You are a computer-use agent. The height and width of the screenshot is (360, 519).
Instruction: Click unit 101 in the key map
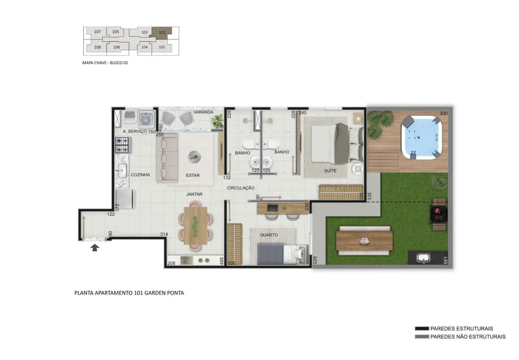click(162, 33)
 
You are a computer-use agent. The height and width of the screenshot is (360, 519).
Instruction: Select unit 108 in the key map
click(98, 47)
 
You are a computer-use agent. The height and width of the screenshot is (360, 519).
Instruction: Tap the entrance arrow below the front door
click(94, 247)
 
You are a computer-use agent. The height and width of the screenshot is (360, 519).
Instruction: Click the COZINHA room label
click(140, 175)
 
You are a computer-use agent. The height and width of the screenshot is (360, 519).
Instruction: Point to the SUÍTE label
click(330, 171)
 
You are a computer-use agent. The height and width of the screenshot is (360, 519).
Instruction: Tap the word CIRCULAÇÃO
click(241, 188)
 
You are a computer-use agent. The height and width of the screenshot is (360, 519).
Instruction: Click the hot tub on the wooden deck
click(421, 137)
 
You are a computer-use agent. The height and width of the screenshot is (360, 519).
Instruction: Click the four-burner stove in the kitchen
click(122, 145)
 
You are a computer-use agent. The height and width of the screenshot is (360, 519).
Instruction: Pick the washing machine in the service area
click(146, 119)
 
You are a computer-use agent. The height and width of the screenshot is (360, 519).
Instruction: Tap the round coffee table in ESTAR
click(195, 157)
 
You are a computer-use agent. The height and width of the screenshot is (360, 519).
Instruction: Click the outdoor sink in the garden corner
click(424, 257)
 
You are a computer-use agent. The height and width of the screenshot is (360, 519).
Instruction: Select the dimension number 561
click(445, 260)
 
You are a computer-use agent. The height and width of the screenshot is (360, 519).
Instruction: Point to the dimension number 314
click(164, 234)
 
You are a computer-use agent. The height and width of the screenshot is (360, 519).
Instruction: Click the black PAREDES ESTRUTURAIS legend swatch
click(421, 328)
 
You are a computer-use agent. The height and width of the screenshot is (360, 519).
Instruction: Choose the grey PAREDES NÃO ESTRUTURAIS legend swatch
click(421, 337)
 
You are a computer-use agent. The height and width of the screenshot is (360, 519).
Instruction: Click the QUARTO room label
click(269, 235)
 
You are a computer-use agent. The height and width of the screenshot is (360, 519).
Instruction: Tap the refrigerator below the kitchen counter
click(125, 199)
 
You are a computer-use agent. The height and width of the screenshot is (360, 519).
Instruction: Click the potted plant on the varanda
click(217, 120)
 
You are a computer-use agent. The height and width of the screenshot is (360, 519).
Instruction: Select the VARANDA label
click(203, 112)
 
